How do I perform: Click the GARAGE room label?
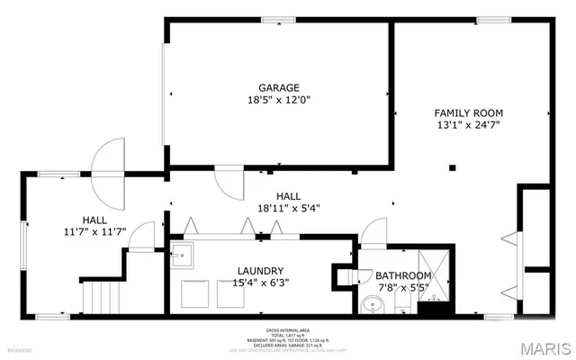[x=278, y=87]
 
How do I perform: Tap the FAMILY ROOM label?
[x=468, y=112]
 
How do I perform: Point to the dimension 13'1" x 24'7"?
[x=468, y=126]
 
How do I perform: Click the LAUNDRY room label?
[x=261, y=270]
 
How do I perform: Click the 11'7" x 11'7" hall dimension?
[x=94, y=232]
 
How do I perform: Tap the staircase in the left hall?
[x=100, y=296]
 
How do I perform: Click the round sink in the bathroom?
[x=373, y=306]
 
